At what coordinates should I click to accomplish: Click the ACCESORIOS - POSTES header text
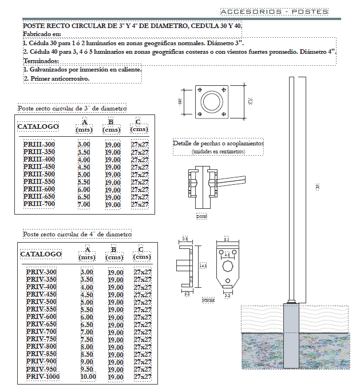(274, 11)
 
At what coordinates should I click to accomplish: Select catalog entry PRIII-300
(39, 145)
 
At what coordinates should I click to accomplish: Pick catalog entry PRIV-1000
(43, 377)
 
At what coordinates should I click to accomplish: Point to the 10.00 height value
(88, 377)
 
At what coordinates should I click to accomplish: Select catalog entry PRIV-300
(41, 272)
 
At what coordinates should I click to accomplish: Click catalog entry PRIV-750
(41, 339)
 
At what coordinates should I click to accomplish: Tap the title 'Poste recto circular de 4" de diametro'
(77, 234)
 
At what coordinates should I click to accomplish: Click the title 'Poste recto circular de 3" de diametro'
(72, 108)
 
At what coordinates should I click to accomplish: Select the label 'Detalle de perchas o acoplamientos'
(218, 143)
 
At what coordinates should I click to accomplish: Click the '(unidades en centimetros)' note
(218, 152)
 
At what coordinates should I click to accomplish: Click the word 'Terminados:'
(41, 61)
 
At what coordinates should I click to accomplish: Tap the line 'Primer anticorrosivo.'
(56, 78)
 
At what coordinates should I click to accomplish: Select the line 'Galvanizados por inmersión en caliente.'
(81, 70)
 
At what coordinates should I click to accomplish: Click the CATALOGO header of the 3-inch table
(38, 126)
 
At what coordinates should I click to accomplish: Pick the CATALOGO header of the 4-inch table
(41, 254)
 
